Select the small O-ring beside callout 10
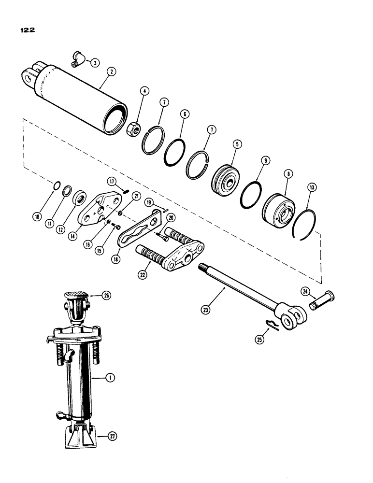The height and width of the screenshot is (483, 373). [x=57, y=185]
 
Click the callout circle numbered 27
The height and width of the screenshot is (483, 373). [x=111, y=436]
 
